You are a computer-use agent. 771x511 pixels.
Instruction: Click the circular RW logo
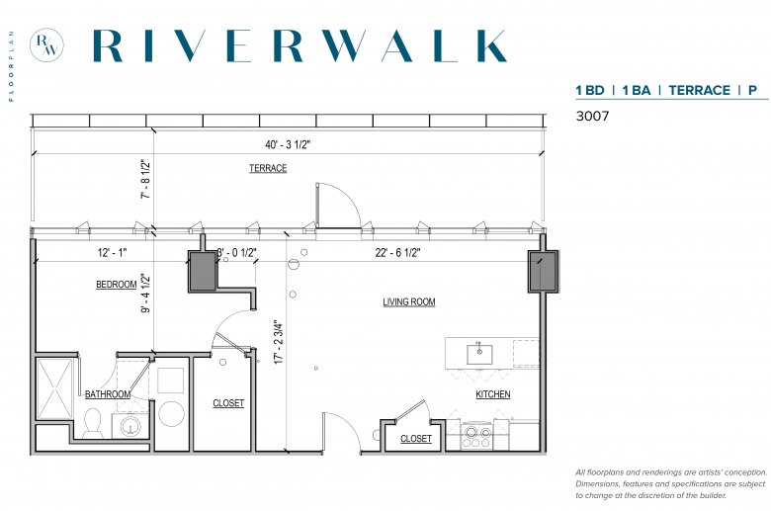pos(46,44)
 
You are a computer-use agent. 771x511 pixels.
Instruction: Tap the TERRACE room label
pos(268,168)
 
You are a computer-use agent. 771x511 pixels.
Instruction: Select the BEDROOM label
pos(116,285)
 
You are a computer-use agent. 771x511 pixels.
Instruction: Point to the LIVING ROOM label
pos(409,302)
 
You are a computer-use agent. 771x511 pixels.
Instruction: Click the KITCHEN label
pos(492,394)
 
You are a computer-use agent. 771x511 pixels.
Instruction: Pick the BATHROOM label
pos(108,394)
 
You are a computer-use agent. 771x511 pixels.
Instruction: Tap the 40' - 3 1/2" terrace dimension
pos(289,144)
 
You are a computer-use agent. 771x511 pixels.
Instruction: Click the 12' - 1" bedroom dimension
pos(112,253)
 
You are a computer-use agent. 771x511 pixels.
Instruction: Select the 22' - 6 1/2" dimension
pos(397,253)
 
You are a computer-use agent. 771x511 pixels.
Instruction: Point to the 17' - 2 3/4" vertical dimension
pos(280,342)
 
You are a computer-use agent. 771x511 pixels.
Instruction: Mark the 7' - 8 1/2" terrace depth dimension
pos(146,179)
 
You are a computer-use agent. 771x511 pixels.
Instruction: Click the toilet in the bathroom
pos(93,424)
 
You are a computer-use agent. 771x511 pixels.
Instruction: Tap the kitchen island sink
pos(479,354)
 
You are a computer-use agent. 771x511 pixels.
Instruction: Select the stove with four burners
pos(477,436)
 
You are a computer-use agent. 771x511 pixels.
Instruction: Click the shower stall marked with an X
pos(55,389)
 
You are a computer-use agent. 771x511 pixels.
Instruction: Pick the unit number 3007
pos(592,116)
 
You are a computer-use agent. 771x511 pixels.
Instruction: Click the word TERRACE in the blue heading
pos(699,91)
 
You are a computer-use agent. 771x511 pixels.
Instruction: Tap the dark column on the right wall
pos(544,271)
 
